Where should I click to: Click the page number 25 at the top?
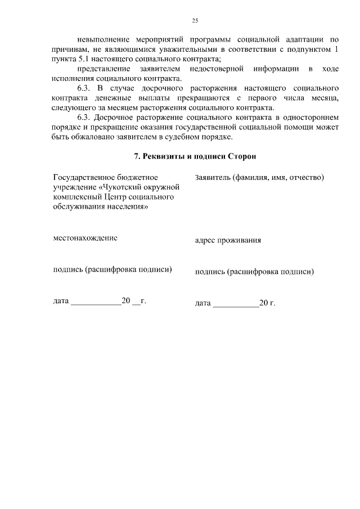[195, 21]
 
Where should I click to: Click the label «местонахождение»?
[85, 238]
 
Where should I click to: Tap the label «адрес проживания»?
[228, 241]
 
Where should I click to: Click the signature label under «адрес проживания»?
[254, 271]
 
